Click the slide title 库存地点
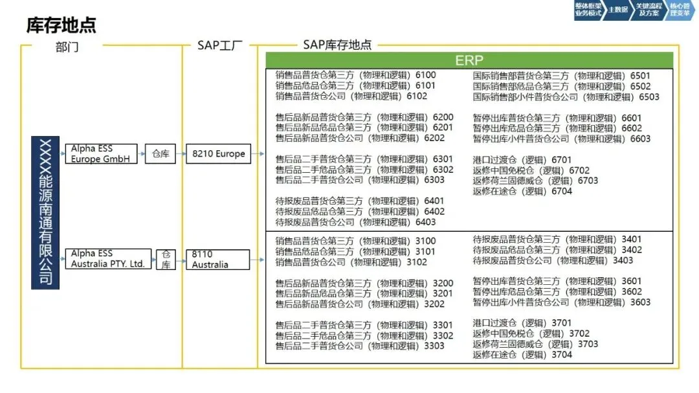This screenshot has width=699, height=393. [x=61, y=25]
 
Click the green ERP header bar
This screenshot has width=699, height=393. [x=469, y=60]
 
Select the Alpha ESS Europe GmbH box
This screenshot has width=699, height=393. [x=101, y=154]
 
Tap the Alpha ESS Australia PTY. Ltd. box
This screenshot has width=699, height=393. [x=108, y=259]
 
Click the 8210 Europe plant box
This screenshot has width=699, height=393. [x=218, y=154]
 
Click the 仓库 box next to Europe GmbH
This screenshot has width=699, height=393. [x=160, y=154]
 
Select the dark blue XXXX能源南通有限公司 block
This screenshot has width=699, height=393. [x=46, y=212]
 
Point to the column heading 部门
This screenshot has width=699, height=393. [x=67, y=46]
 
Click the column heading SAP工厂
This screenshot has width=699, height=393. [x=219, y=45]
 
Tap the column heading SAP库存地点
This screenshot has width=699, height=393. [x=337, y=45]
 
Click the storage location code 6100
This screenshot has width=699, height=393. [x=425, y=75]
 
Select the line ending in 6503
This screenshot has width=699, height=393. [x=566, y=97]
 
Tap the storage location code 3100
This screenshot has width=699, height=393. [x=425, y=241]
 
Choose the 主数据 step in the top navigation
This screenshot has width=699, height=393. [x=618, y=10]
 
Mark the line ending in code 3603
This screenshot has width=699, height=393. [x=561, y=302]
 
